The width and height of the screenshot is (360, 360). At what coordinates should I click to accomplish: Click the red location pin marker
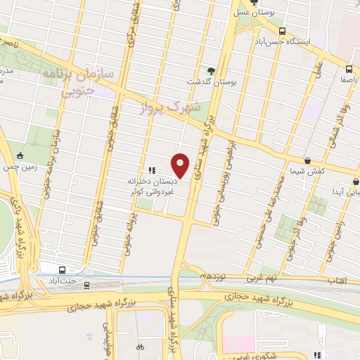[181, 165]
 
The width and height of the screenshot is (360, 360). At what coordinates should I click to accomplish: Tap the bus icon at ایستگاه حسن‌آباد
[283, 31]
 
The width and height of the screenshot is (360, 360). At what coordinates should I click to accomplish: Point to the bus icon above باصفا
[349, 68]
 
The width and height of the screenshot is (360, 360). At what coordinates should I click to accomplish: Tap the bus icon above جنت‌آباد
[63, 269]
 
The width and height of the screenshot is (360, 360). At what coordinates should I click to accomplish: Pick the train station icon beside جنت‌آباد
[87, 285]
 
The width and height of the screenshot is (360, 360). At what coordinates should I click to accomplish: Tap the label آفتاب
[338, 280]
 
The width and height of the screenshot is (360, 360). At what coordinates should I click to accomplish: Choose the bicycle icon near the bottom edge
[139, 347]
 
